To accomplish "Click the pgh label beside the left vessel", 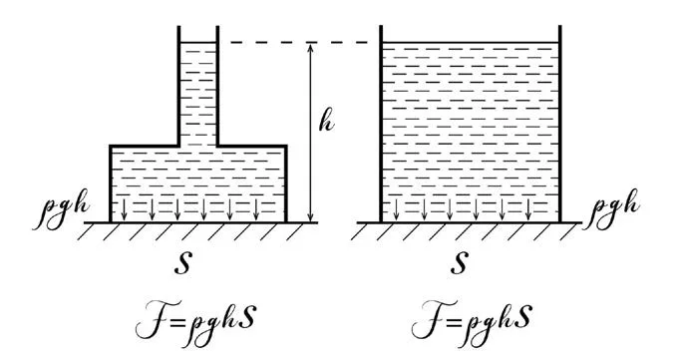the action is click(x=61, y=208).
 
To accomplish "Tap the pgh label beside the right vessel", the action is click(x=612, y=208).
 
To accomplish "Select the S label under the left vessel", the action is click(x=182, y=263).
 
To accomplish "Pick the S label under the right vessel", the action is click(x=460, y=263).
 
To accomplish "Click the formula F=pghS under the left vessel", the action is click(x=195, y=321).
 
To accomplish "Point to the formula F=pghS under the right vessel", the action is click(x=473, y=321).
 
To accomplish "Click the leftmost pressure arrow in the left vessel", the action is click(x=125, y=209).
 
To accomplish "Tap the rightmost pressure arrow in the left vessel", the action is click(x=256, y=209).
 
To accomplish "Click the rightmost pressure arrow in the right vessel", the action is click(x=528, y=209).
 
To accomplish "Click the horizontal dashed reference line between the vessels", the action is click(x=299, y=43).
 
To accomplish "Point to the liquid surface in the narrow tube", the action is click(x=198, y=43).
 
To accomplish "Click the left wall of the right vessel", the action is click(x=381, y=124).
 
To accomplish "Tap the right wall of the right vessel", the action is click(x=560, y=124).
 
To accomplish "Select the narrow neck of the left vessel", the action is click(x=198, y=87).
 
